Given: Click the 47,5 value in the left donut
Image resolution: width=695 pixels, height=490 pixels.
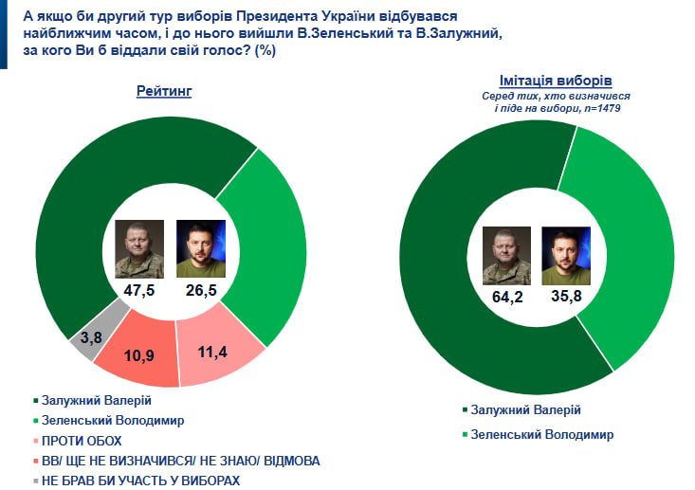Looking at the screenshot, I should click(x=138, y=289).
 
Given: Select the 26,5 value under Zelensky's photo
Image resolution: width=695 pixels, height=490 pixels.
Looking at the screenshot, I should click(x=201, y=289).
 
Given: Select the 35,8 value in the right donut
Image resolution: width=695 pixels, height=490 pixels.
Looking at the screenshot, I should click(x=565, y=297).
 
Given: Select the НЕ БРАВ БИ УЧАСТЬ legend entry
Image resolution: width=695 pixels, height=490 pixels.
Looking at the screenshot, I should click(x=142, y=480).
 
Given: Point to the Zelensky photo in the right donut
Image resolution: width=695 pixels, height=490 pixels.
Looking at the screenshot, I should click(x=565, y=255).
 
